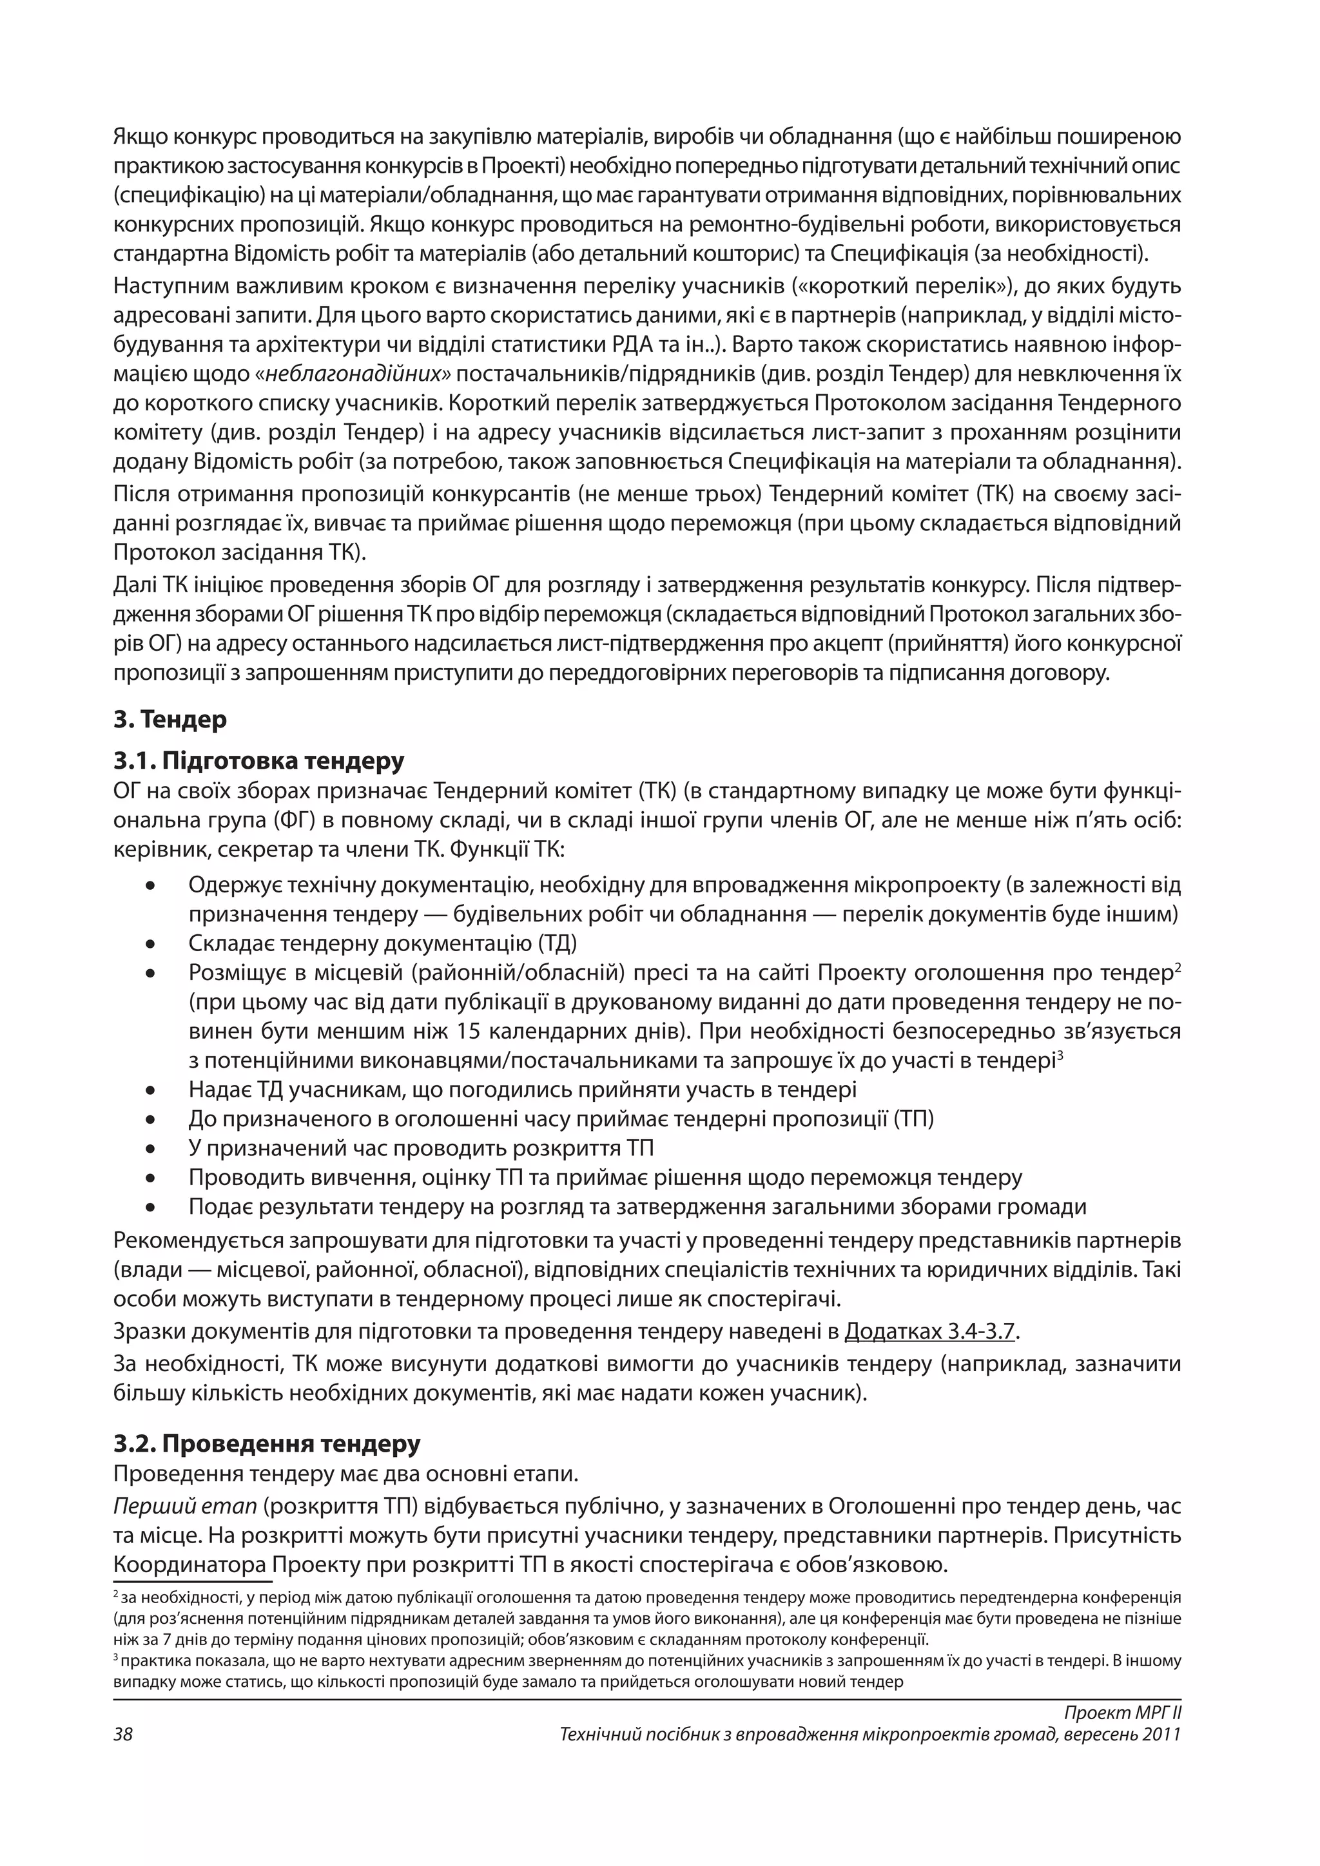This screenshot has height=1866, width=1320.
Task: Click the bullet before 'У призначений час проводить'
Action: pos(150,1150)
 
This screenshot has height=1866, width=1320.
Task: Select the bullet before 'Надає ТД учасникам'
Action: pos(150,1092)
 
